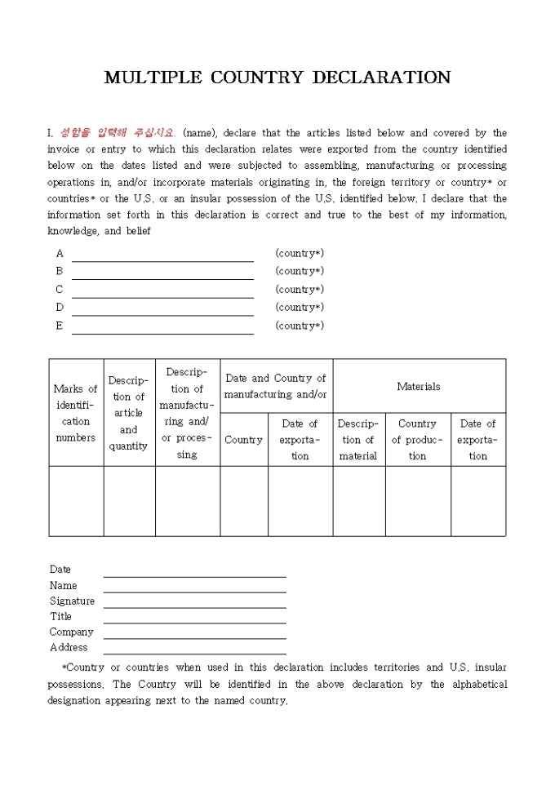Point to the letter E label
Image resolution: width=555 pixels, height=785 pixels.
coord(59,326)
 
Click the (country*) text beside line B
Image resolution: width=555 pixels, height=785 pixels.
coord(300,271)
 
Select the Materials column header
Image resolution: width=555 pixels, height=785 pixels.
coord(419,387)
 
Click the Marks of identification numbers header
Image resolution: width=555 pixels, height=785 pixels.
coord(76,413)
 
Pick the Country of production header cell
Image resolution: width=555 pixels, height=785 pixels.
coord(417,440)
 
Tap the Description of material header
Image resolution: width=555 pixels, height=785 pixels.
coord(358,440)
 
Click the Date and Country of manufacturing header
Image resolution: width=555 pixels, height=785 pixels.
coord(276,386)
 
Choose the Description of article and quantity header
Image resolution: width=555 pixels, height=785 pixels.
coord(129,413)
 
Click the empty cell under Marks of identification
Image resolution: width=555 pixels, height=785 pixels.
coord(76,501)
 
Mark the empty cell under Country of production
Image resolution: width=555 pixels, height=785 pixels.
coord(417,501)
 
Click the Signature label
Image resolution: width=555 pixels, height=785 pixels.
coord(72,601)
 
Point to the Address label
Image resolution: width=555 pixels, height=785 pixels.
coord(69,647)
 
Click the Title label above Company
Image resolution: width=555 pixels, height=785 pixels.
coord(60,616)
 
